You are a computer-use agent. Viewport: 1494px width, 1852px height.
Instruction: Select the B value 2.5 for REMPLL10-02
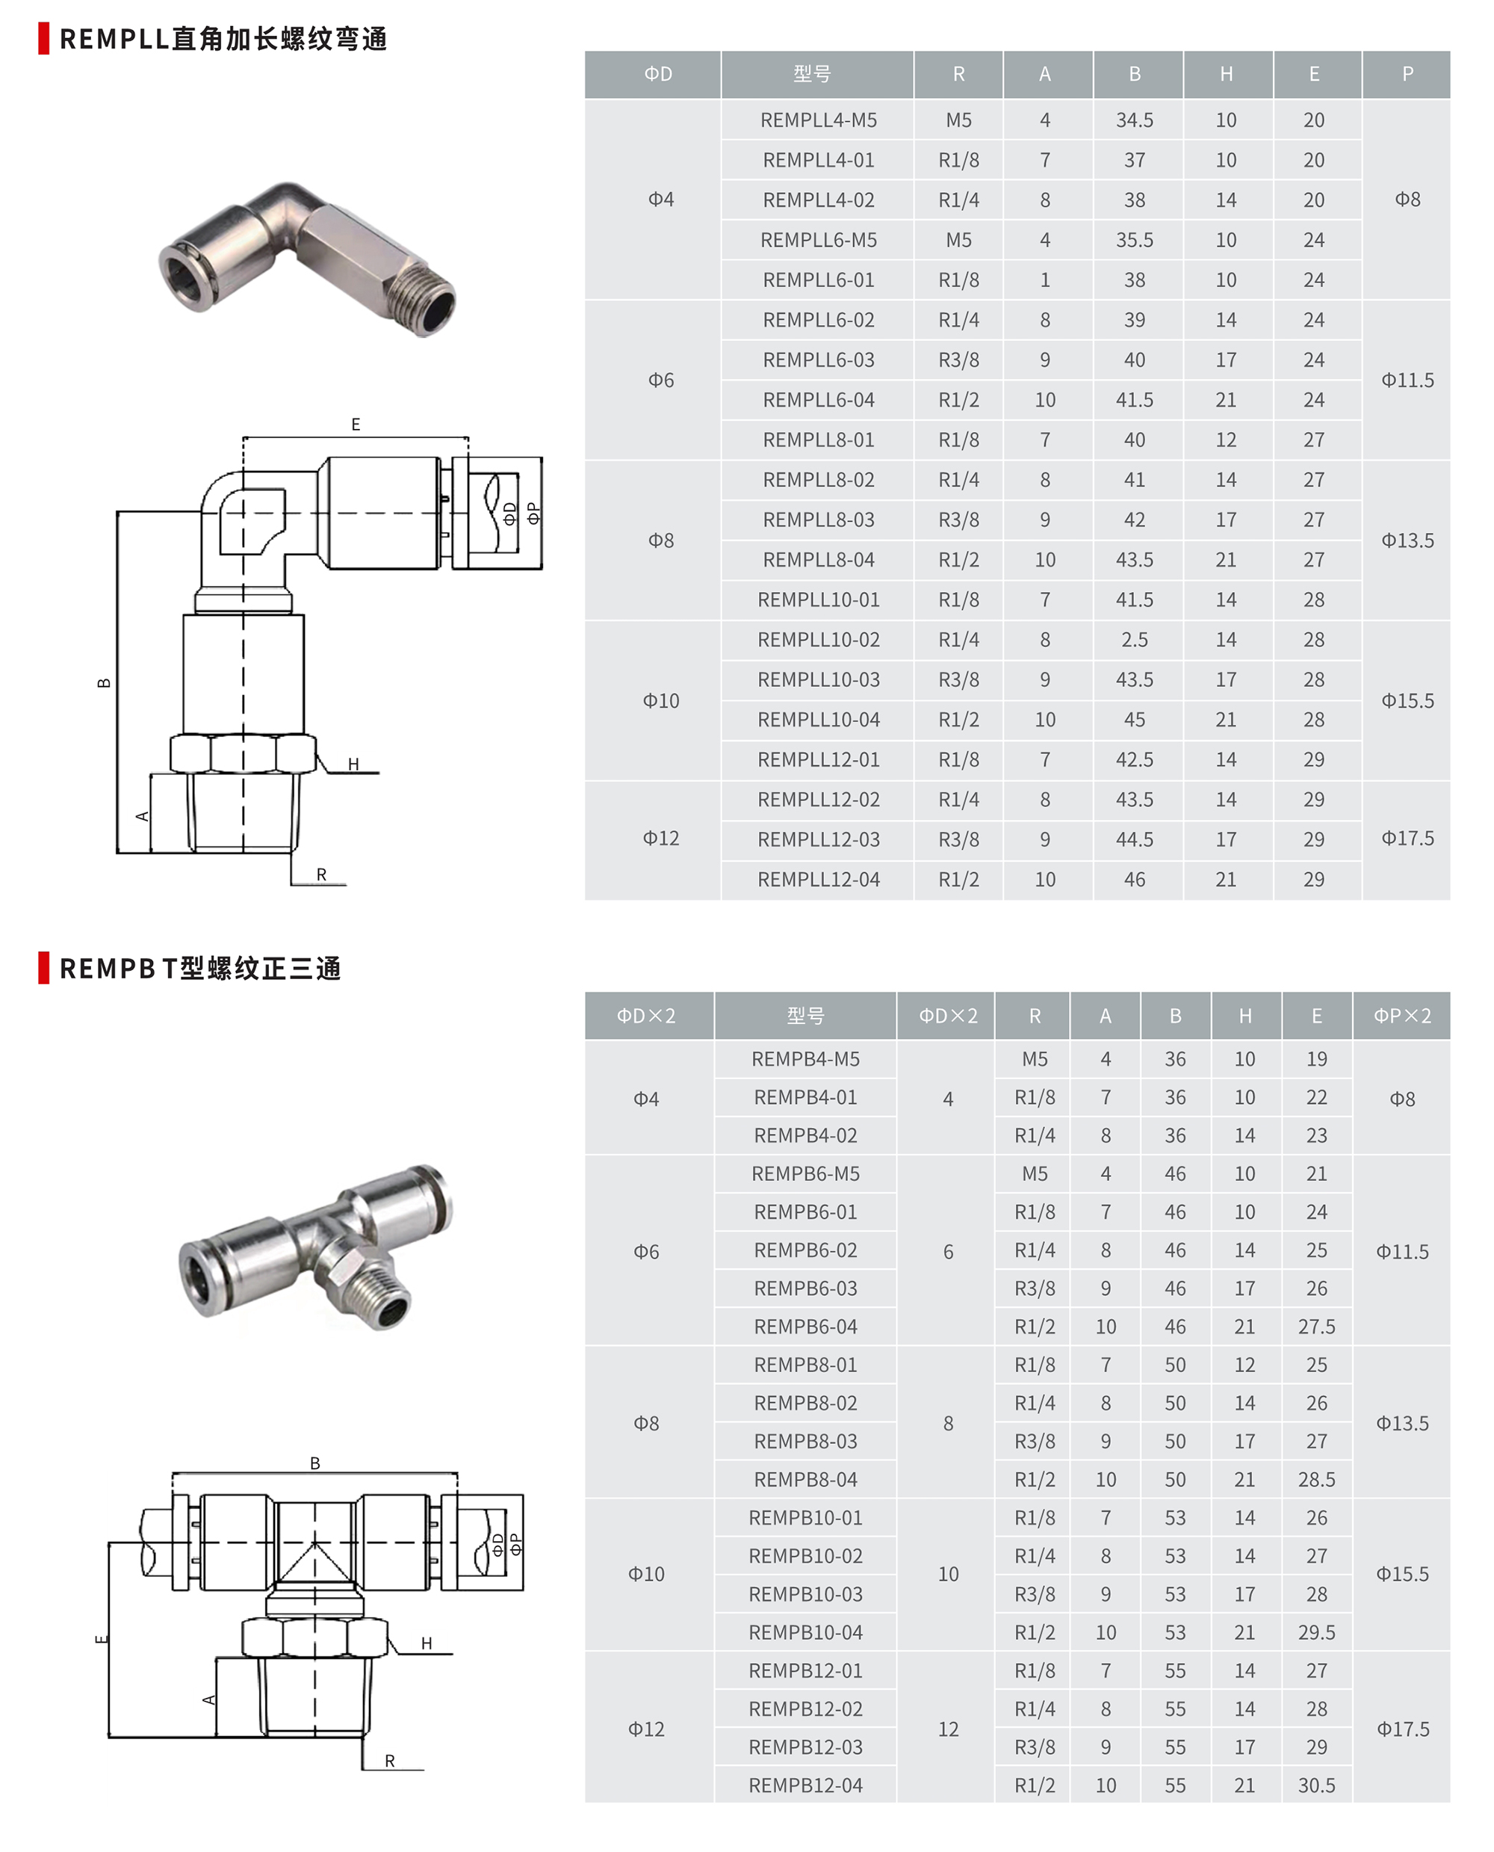(x=1133, y=640)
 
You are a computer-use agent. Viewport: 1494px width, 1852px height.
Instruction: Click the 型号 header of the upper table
(x=811, y=75)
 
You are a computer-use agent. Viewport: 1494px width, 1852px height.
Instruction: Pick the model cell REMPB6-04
(x=805, y=1327)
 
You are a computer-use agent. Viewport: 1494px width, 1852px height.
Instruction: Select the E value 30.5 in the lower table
(x=1316, y=1785)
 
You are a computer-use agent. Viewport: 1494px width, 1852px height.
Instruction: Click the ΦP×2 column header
(x=1401, y=1016)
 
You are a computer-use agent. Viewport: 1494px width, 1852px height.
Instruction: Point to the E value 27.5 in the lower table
(x=1316, y=1327)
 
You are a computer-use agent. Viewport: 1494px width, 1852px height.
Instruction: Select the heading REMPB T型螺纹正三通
(x=199, y=969)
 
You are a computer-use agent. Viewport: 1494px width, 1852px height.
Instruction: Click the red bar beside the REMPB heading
(x=44, y=968)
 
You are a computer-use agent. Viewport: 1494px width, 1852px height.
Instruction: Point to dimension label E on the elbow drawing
(x=356, y=425)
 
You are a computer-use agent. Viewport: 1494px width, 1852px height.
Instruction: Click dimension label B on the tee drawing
(x=315, y=1463)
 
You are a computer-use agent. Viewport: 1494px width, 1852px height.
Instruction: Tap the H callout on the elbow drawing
(x=353, y=764)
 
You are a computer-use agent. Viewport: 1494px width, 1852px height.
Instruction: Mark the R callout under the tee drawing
(x=390, y=1761)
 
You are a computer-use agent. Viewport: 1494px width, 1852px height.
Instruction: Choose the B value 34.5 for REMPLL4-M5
(x=1133, y=120)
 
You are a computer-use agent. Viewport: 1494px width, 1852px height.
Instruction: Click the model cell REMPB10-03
(x=805, y=1595)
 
